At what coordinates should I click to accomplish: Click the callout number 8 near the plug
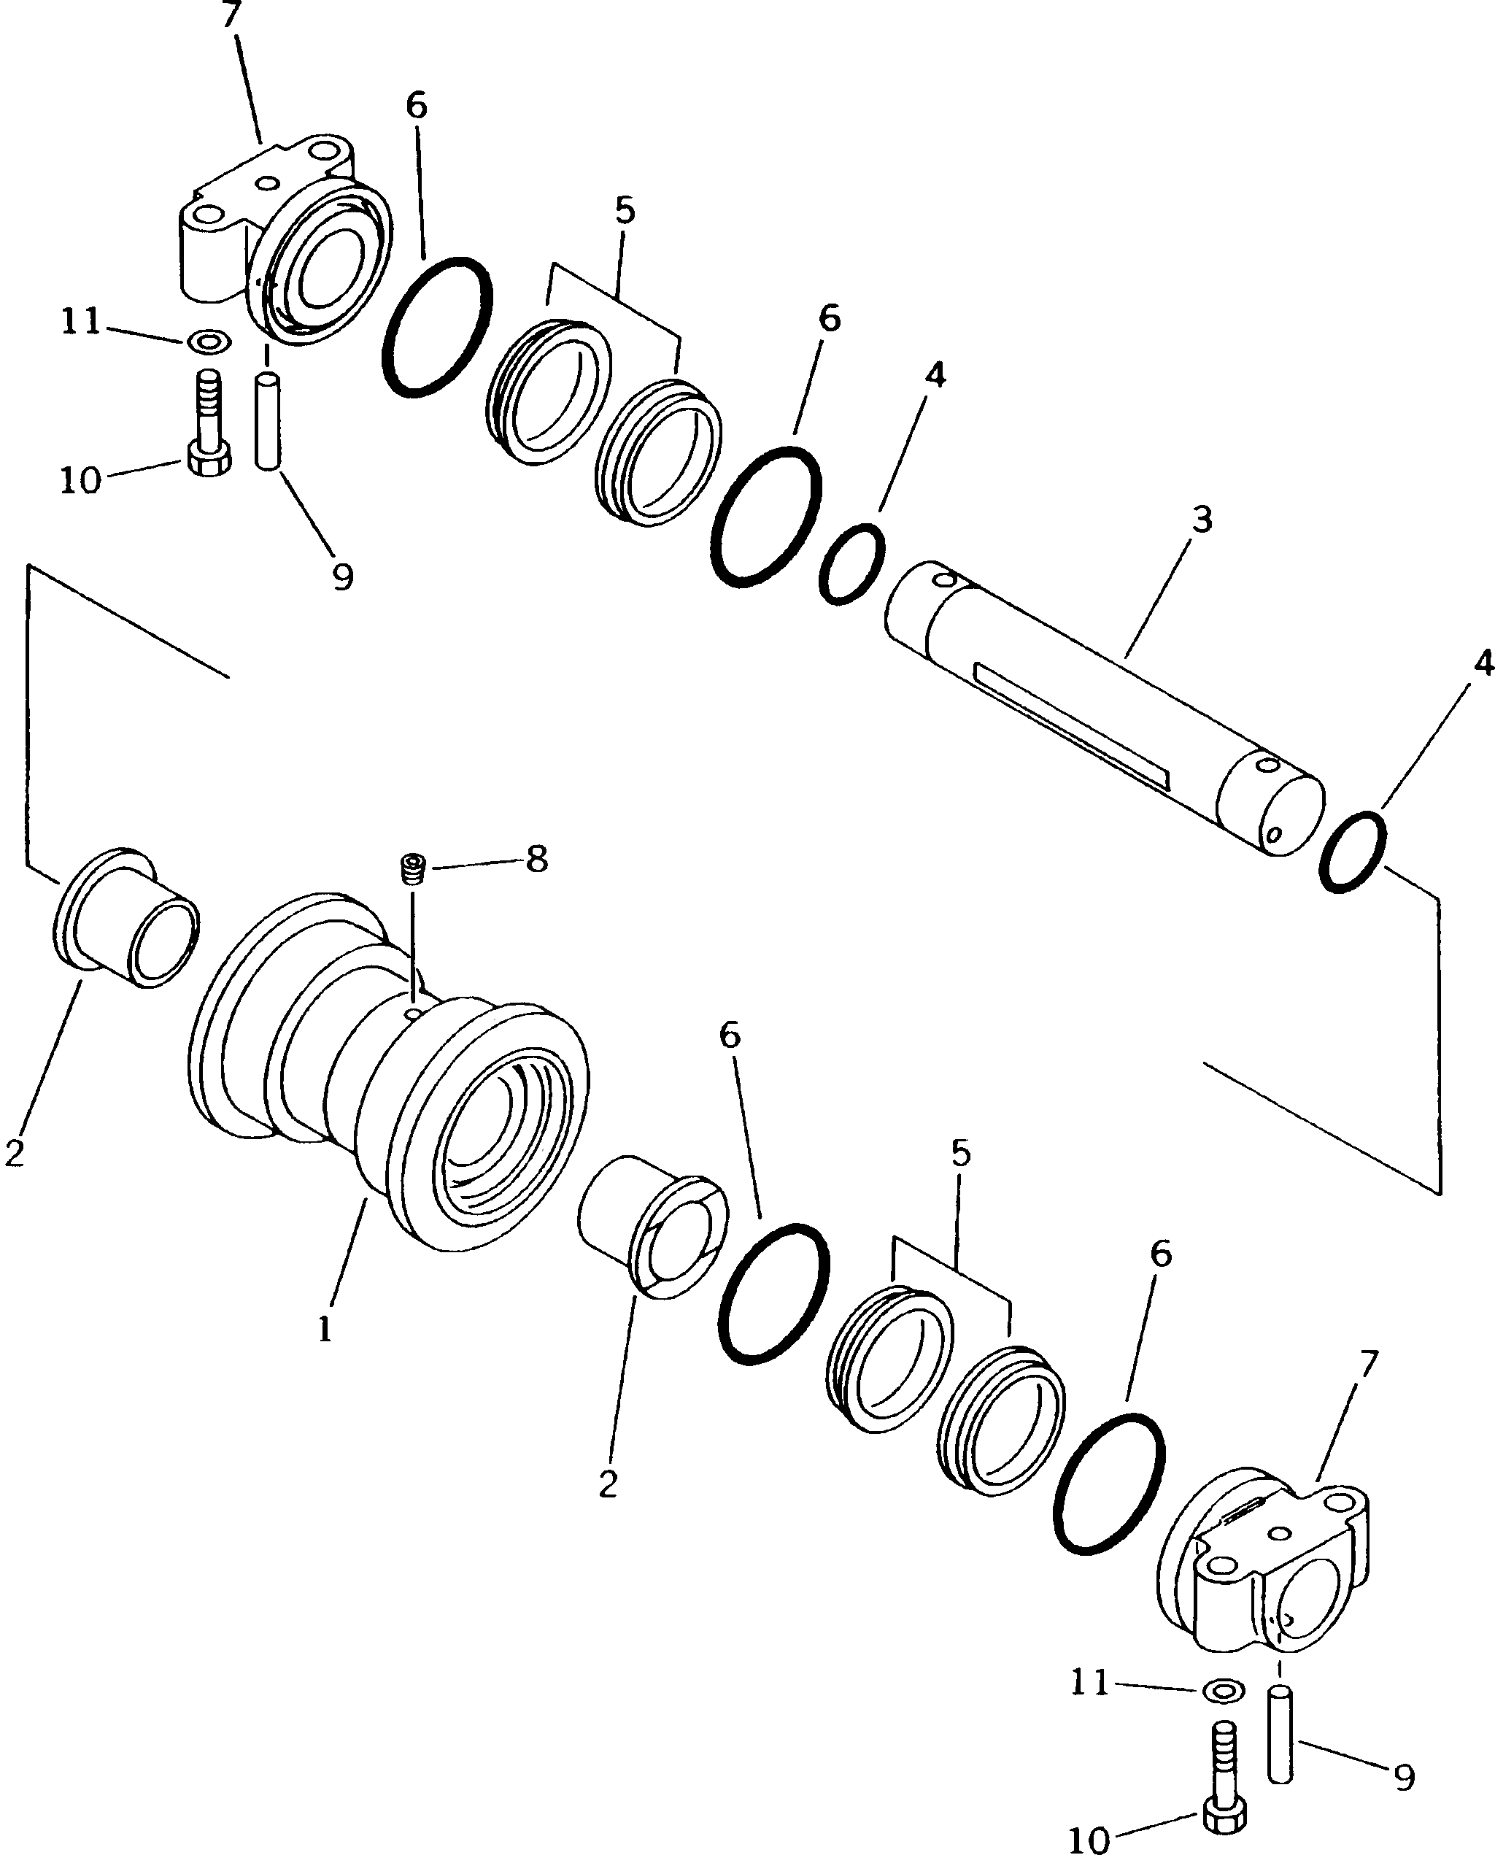click(536, 859)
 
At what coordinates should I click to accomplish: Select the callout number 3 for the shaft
click(1202, 520)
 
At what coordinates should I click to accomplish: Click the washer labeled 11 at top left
click(209, 341)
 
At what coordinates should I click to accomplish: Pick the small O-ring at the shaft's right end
click(1352, 852)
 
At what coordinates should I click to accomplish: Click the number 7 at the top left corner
click(230, 15)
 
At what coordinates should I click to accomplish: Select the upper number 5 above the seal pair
click(625, 210)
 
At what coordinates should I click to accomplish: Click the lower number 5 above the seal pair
click(961, 1153)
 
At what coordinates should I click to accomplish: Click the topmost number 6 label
click(416, 106)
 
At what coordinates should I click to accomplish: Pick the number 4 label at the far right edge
click(1482, 663)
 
